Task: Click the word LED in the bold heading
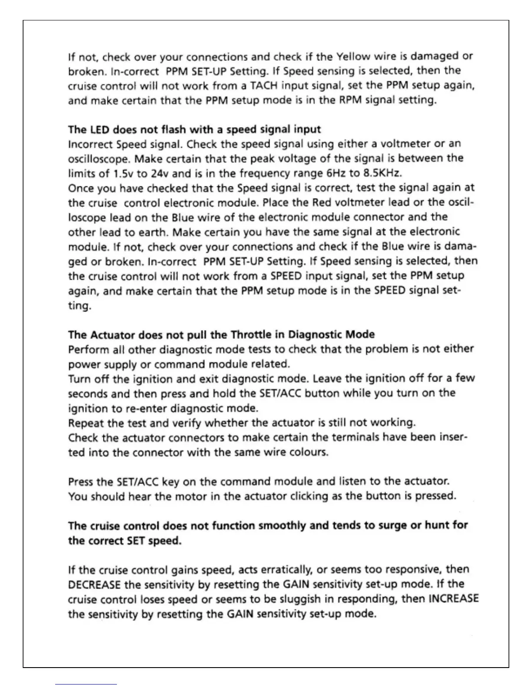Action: (x=100, y=129)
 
